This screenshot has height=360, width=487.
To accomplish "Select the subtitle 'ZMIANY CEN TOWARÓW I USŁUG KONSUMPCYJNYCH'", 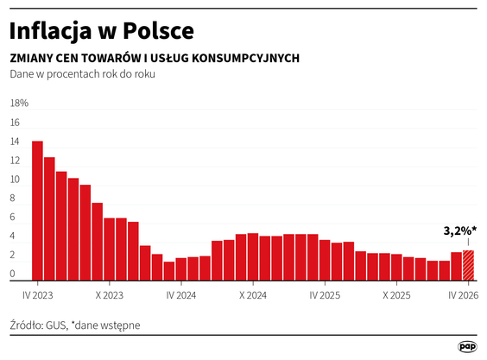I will (155, 58).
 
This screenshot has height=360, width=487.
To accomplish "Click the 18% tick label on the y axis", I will (19, 103).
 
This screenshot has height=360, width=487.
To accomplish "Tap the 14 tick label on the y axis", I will (15, 142).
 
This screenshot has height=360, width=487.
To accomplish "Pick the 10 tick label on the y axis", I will (15, 180).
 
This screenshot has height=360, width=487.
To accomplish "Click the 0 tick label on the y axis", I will (13, 275).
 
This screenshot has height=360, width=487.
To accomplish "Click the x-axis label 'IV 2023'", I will (37, 294).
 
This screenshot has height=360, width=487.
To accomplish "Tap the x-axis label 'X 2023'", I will (110, 294).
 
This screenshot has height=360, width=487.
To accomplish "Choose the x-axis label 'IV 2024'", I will (180, 294).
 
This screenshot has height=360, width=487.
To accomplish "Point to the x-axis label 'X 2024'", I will (253, 294).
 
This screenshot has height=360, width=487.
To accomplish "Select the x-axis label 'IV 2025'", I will (324, 294).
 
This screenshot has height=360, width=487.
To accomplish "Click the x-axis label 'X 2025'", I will (396, 294).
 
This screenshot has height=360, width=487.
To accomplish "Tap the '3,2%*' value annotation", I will (460, 231).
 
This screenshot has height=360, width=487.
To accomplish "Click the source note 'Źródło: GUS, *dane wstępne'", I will (74, 325).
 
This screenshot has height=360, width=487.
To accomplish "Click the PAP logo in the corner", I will (466, 345).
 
